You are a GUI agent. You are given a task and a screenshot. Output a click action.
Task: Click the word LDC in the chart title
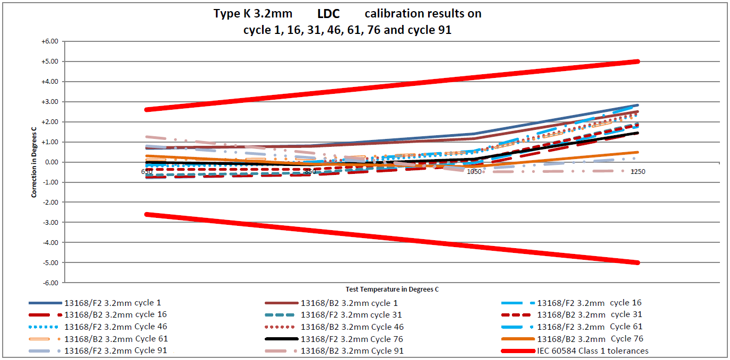pyautogui.click(x=328, y=14)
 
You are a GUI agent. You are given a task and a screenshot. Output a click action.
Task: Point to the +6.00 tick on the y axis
pyautogui.click(x=51, y=41)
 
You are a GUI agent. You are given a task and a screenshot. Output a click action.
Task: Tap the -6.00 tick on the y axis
pyautogui.click(x=51, y=283)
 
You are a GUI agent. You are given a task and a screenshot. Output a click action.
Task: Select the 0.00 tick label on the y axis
pyautogui.click(x=53, y=162)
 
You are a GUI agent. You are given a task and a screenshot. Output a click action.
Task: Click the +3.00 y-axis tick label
pyautogui.click(x=51, y=102)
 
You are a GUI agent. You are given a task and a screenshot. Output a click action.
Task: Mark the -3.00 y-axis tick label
pyautogui.click(x=53, y=222)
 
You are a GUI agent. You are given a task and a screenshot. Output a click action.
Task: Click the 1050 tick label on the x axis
pyautogui.click(x=474, y=172)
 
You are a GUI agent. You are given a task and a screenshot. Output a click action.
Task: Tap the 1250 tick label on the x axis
pyautogui.click(x=637, y=172)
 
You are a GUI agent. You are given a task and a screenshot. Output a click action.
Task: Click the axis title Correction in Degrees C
pyautogui.click(x=34, y=162)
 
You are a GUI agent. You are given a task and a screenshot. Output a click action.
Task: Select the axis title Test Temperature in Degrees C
pyautogui.click(x=392, y=289)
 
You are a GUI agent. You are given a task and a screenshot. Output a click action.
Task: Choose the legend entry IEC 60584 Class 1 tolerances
pyautogui.click(x=593, y=350)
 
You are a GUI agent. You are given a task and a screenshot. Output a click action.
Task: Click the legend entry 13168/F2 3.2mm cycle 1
pyautogui.click(x=112, y=303)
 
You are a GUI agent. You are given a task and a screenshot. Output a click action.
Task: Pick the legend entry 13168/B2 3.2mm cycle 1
pyautogui.click(x=349, y=303)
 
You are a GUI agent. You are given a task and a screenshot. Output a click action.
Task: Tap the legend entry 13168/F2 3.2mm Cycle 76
pyautogui.click(x=352, y=339)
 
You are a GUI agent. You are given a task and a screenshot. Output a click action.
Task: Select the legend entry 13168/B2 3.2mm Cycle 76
pyautogui.click(x=589, y=339)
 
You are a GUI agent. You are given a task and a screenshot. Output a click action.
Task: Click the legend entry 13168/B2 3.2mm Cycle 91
pyautogui.click(x=352, y=350)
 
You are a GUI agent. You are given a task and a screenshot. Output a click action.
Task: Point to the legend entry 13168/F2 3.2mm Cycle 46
pyautogui.click(x=116, y=327)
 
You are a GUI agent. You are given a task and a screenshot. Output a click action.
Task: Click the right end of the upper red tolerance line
pyautogui.click(x=637, y=62)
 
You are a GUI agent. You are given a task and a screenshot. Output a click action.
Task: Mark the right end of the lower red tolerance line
pyautogui.click(x=637, y=262)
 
